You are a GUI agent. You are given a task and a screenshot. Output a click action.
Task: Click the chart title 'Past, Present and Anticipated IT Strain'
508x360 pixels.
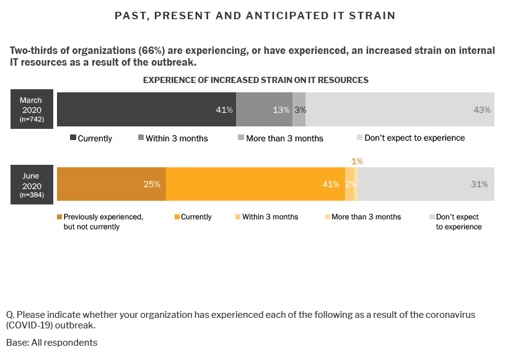(x=255, y=15)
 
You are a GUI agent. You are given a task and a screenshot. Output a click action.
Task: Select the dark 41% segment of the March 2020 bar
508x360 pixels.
(x=146, y=110)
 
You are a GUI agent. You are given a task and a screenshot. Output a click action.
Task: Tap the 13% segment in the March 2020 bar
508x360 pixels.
(x=264, y=110)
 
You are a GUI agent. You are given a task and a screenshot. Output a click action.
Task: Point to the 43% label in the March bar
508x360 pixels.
(x=482, y=110)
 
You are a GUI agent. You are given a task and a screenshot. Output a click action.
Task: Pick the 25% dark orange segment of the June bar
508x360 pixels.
(x=112, y=184)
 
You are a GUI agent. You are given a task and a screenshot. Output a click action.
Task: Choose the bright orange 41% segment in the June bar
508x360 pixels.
(x=255, y=184)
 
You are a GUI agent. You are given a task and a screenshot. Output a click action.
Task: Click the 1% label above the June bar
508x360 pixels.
(x=357, y=161)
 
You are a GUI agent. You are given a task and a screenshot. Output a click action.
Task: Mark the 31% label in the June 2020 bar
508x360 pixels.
(x=479, y=184)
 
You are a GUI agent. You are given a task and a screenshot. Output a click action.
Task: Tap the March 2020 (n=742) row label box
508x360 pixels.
(x=31, y=109)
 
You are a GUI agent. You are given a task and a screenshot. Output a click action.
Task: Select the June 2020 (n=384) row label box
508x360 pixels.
(x=31, y=185)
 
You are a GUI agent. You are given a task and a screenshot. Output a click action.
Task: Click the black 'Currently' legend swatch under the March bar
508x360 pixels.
(x=72, y=138)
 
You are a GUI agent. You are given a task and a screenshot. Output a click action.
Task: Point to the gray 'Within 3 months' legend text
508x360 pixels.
(x=177, y=138)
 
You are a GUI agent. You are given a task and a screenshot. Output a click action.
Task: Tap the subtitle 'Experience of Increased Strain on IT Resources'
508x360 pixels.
(x=256, y=80)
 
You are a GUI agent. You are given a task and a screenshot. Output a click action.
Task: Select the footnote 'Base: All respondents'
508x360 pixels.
(x=51, y=342)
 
